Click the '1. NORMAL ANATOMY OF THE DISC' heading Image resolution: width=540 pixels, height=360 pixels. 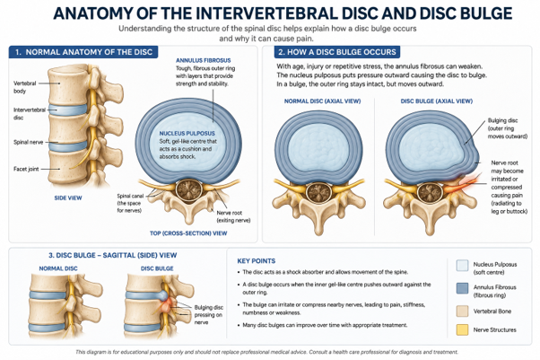tap(83, 52)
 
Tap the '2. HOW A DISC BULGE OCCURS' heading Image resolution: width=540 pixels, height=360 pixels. tap(337, 52)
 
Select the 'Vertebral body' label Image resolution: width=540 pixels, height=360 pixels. tap(24, 87)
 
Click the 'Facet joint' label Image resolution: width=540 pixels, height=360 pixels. tap(26, 169)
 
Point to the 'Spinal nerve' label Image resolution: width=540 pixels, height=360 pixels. tap(28, 142)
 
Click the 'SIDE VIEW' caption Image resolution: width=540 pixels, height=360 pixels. tap(68, 198)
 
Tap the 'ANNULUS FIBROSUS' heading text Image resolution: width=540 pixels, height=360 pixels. tap(204, 60)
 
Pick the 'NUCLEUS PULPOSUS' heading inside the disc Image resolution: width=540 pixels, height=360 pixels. tap(187, 133)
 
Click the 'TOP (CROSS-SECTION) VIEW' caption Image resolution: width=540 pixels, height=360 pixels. tap(188, 233)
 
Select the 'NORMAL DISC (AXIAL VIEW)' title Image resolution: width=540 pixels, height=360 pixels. tap(322, 101)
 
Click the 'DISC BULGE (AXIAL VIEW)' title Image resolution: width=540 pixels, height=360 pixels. tap(436, 101)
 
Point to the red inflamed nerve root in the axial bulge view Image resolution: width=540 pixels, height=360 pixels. tap(461, 185)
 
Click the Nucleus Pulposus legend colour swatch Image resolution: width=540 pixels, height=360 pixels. tap(462, 266)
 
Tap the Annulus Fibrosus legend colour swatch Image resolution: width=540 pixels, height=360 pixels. tap(462, 288)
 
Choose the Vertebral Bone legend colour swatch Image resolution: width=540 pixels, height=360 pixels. tap(462, 311)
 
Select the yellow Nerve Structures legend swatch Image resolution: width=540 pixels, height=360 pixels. tap(462, 329)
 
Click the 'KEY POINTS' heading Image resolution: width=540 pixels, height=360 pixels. tap(257, 261)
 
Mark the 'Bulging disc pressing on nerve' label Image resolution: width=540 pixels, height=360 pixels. tap(208, 315)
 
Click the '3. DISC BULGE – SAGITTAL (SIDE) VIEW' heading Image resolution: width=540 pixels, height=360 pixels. tap(113, 255)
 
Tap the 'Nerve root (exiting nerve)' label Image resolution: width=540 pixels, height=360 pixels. tap(233, 216)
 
